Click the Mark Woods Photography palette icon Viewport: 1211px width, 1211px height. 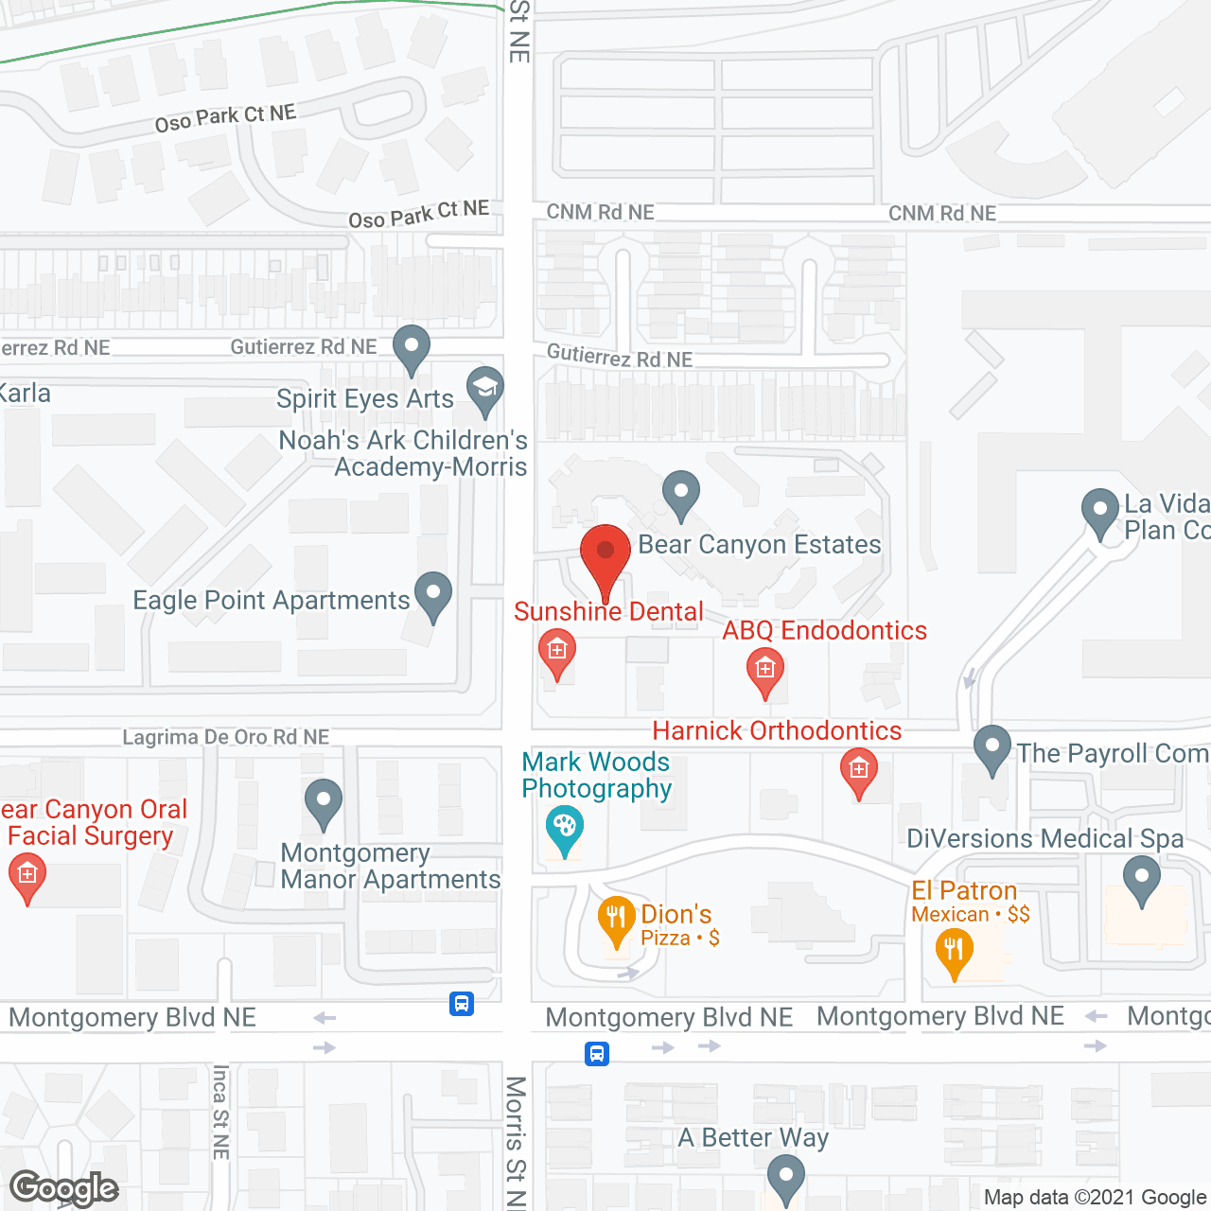click(565, 828)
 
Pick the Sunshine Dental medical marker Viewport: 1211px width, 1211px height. click(557, 651)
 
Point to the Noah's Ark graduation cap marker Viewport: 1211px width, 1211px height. click(485, 388)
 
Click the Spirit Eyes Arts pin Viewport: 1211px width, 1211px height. click(412, 346)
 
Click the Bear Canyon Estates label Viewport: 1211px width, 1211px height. click(760, 545)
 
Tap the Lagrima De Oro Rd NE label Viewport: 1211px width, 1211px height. click(226, 737)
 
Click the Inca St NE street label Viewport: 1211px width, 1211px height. click(220, 1113)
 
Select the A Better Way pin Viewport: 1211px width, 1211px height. click(785, 1178)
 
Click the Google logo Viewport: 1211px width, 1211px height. click(64, 1188)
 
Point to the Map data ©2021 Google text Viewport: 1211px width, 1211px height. click(1096, 1198)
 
